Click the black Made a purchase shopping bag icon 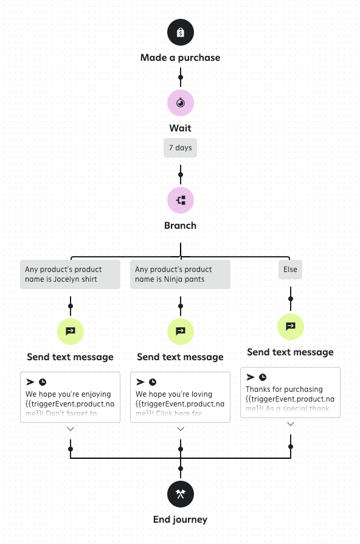(181, 32)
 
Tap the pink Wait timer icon (181, 103)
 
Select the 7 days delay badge (181, 148)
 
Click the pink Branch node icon (181, 200)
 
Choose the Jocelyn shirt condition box (70, 274)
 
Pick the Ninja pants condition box (180, 274)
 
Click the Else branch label (290, 270)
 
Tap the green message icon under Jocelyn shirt (71, 331)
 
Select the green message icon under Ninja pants (181, 331)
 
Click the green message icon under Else (291, 326)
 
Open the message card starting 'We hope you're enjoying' (71, 397)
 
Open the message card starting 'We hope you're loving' (181, 397)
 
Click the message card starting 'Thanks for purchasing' (291, 392)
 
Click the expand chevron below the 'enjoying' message (71, 429)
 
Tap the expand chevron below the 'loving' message (181, 429)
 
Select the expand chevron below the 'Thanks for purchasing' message (291, 424)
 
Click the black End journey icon (181, 493)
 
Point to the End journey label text (181, 520)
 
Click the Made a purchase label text (181, 58)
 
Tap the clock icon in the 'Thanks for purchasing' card (263, 377)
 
